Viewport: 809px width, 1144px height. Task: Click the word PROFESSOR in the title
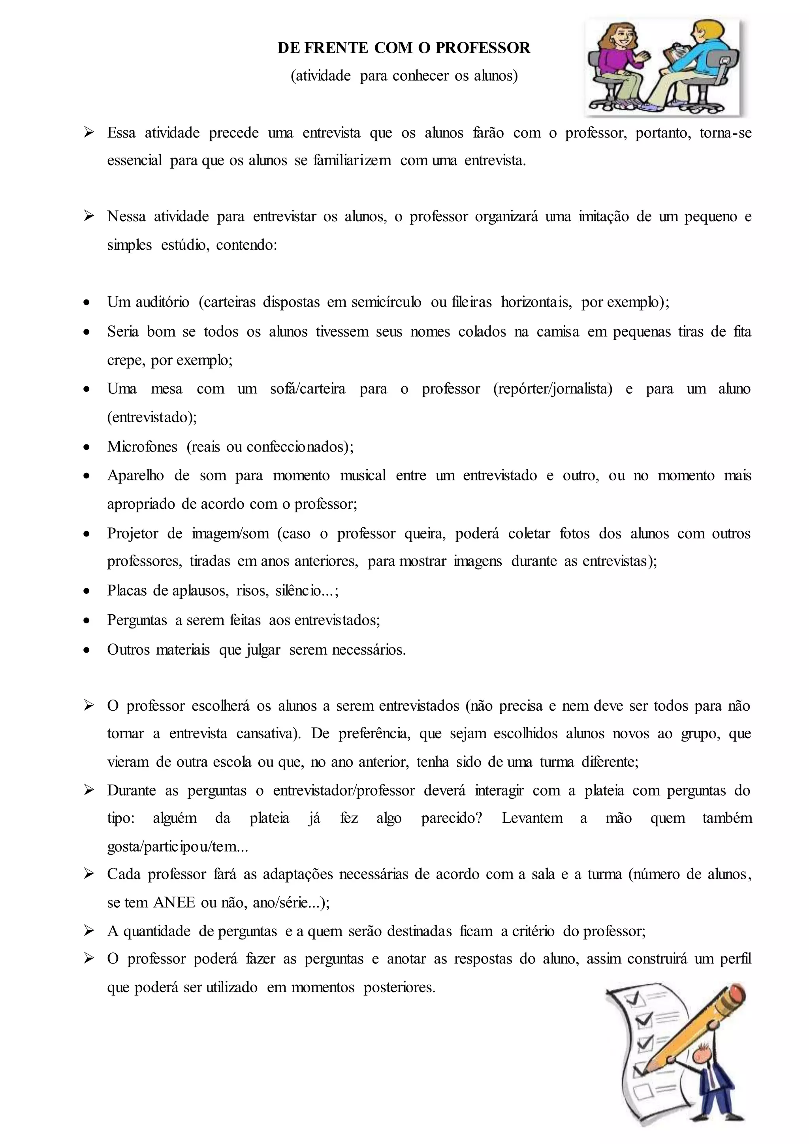coord(483,48)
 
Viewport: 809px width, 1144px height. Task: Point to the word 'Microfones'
coord(142,446)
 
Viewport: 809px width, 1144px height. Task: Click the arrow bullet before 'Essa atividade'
coord(88,133)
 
